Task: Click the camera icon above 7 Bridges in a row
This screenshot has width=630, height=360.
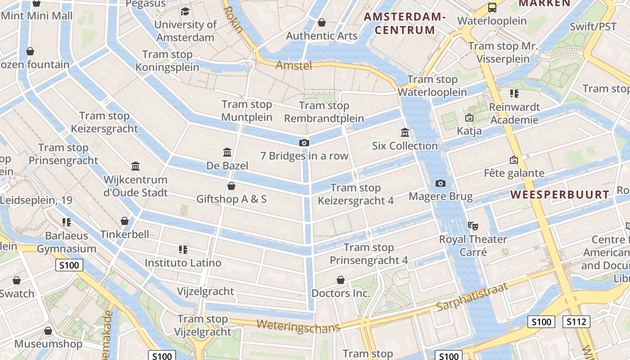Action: [304, 143]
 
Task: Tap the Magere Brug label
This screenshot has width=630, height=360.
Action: [441, 197]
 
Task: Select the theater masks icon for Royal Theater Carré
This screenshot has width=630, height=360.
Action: [472, 225]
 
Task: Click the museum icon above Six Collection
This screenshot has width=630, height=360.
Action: [405, 133]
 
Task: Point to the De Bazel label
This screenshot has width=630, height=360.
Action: [227, 166]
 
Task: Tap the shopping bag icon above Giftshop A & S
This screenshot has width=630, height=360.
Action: [231, 186]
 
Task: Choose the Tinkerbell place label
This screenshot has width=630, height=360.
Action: [125, 234]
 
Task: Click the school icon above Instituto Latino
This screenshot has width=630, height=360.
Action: [183, 249]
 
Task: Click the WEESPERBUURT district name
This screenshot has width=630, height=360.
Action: [560, 195]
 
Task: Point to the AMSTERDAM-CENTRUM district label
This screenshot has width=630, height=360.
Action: [405, 23]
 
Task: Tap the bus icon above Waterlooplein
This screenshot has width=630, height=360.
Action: [492, 8]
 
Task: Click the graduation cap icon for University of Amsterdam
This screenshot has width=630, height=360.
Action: [185, 11]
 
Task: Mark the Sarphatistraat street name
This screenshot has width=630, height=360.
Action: [472, 298]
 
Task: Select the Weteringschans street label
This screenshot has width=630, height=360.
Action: [298, 326]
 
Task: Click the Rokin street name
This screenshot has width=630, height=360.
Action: [233, 19]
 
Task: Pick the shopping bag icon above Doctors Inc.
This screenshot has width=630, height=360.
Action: [341, 280]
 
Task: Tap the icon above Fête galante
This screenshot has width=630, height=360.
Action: [513, 160]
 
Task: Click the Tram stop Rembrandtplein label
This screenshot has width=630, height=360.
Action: [324, 112]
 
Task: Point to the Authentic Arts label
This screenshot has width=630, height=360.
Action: [322, 36]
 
